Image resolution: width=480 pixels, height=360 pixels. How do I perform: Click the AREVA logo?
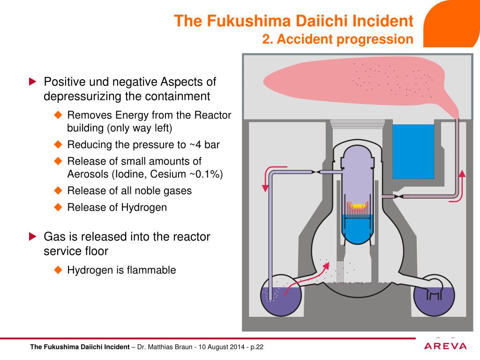[445, 346]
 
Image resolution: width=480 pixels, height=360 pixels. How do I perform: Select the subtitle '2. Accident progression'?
[337, 39]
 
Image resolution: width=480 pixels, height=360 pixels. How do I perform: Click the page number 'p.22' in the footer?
[256, 347]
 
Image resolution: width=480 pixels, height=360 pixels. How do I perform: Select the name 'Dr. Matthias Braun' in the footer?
[165, 347]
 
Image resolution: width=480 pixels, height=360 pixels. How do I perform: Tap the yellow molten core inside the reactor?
[359, 206]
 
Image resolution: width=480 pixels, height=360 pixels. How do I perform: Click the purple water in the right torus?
[434, 305]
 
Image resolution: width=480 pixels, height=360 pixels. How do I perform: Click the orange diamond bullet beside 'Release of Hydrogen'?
[58, 207]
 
